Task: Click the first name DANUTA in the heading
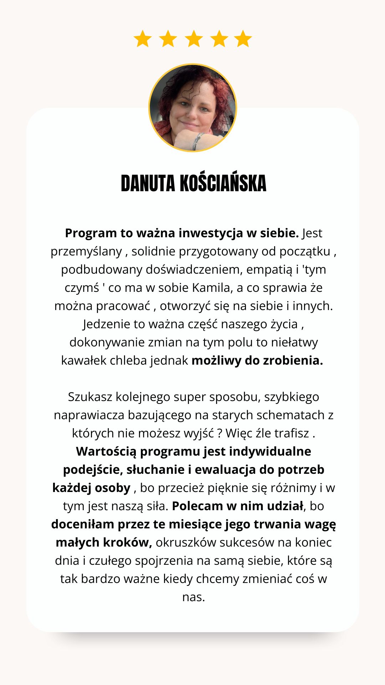click(x=148, y=184)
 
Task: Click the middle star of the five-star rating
click(x=194, y=39)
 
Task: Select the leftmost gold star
click(x=143, y=39)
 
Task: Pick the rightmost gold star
click(x=243, y=39)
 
